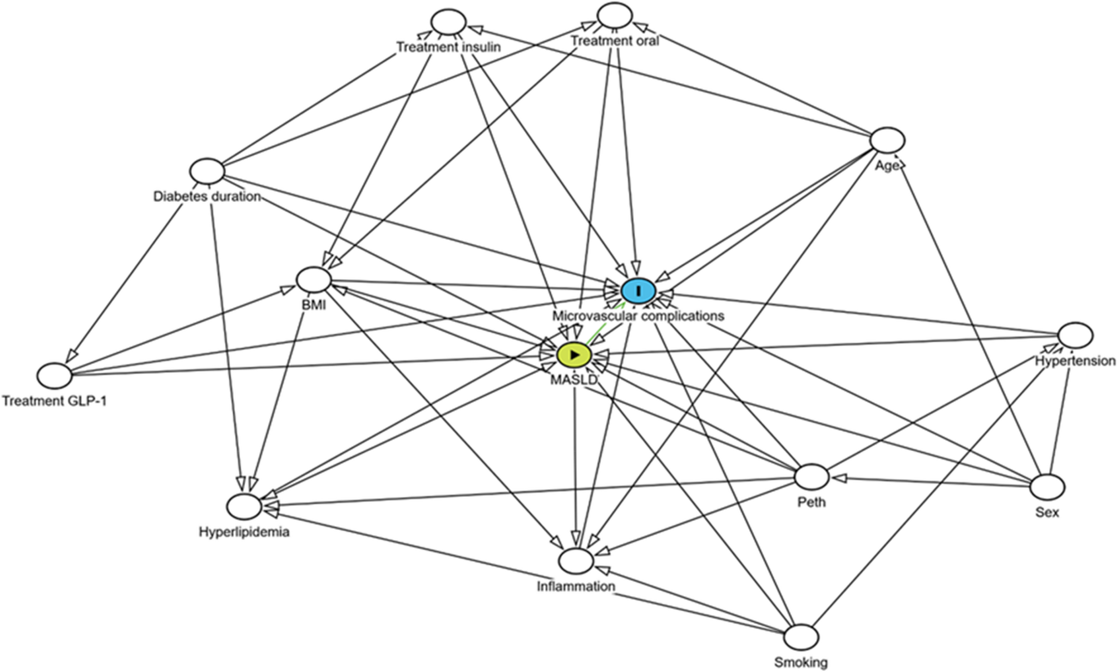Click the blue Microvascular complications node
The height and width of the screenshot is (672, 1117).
(x=639, y=291)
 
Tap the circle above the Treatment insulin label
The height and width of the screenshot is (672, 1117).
(x=448, y=23)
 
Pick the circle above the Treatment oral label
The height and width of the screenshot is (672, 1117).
(x=614, y=16)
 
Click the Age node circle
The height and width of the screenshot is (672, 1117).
(x=887, y=140)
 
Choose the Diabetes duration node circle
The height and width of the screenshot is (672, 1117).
(x=207, y=171)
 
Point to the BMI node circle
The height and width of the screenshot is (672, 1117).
(x=314, y=279)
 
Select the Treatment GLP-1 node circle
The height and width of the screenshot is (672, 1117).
(x=55, y=375)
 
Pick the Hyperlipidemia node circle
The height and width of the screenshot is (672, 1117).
(x=244, y=507)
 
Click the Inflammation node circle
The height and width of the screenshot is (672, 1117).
(x=576, y=561)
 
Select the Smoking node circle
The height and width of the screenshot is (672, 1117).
(x=801, y=636)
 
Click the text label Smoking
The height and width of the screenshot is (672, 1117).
(x=801, y=663)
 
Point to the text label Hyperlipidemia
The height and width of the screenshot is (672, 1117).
(x=244, y=532)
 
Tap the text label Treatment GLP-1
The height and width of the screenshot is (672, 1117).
(x=55, y=401)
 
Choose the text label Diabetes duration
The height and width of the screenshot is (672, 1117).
(x=207, y=196)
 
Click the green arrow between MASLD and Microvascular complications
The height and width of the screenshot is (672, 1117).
(x=604, y=325)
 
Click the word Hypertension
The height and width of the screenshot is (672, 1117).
(x=1075, y=361)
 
